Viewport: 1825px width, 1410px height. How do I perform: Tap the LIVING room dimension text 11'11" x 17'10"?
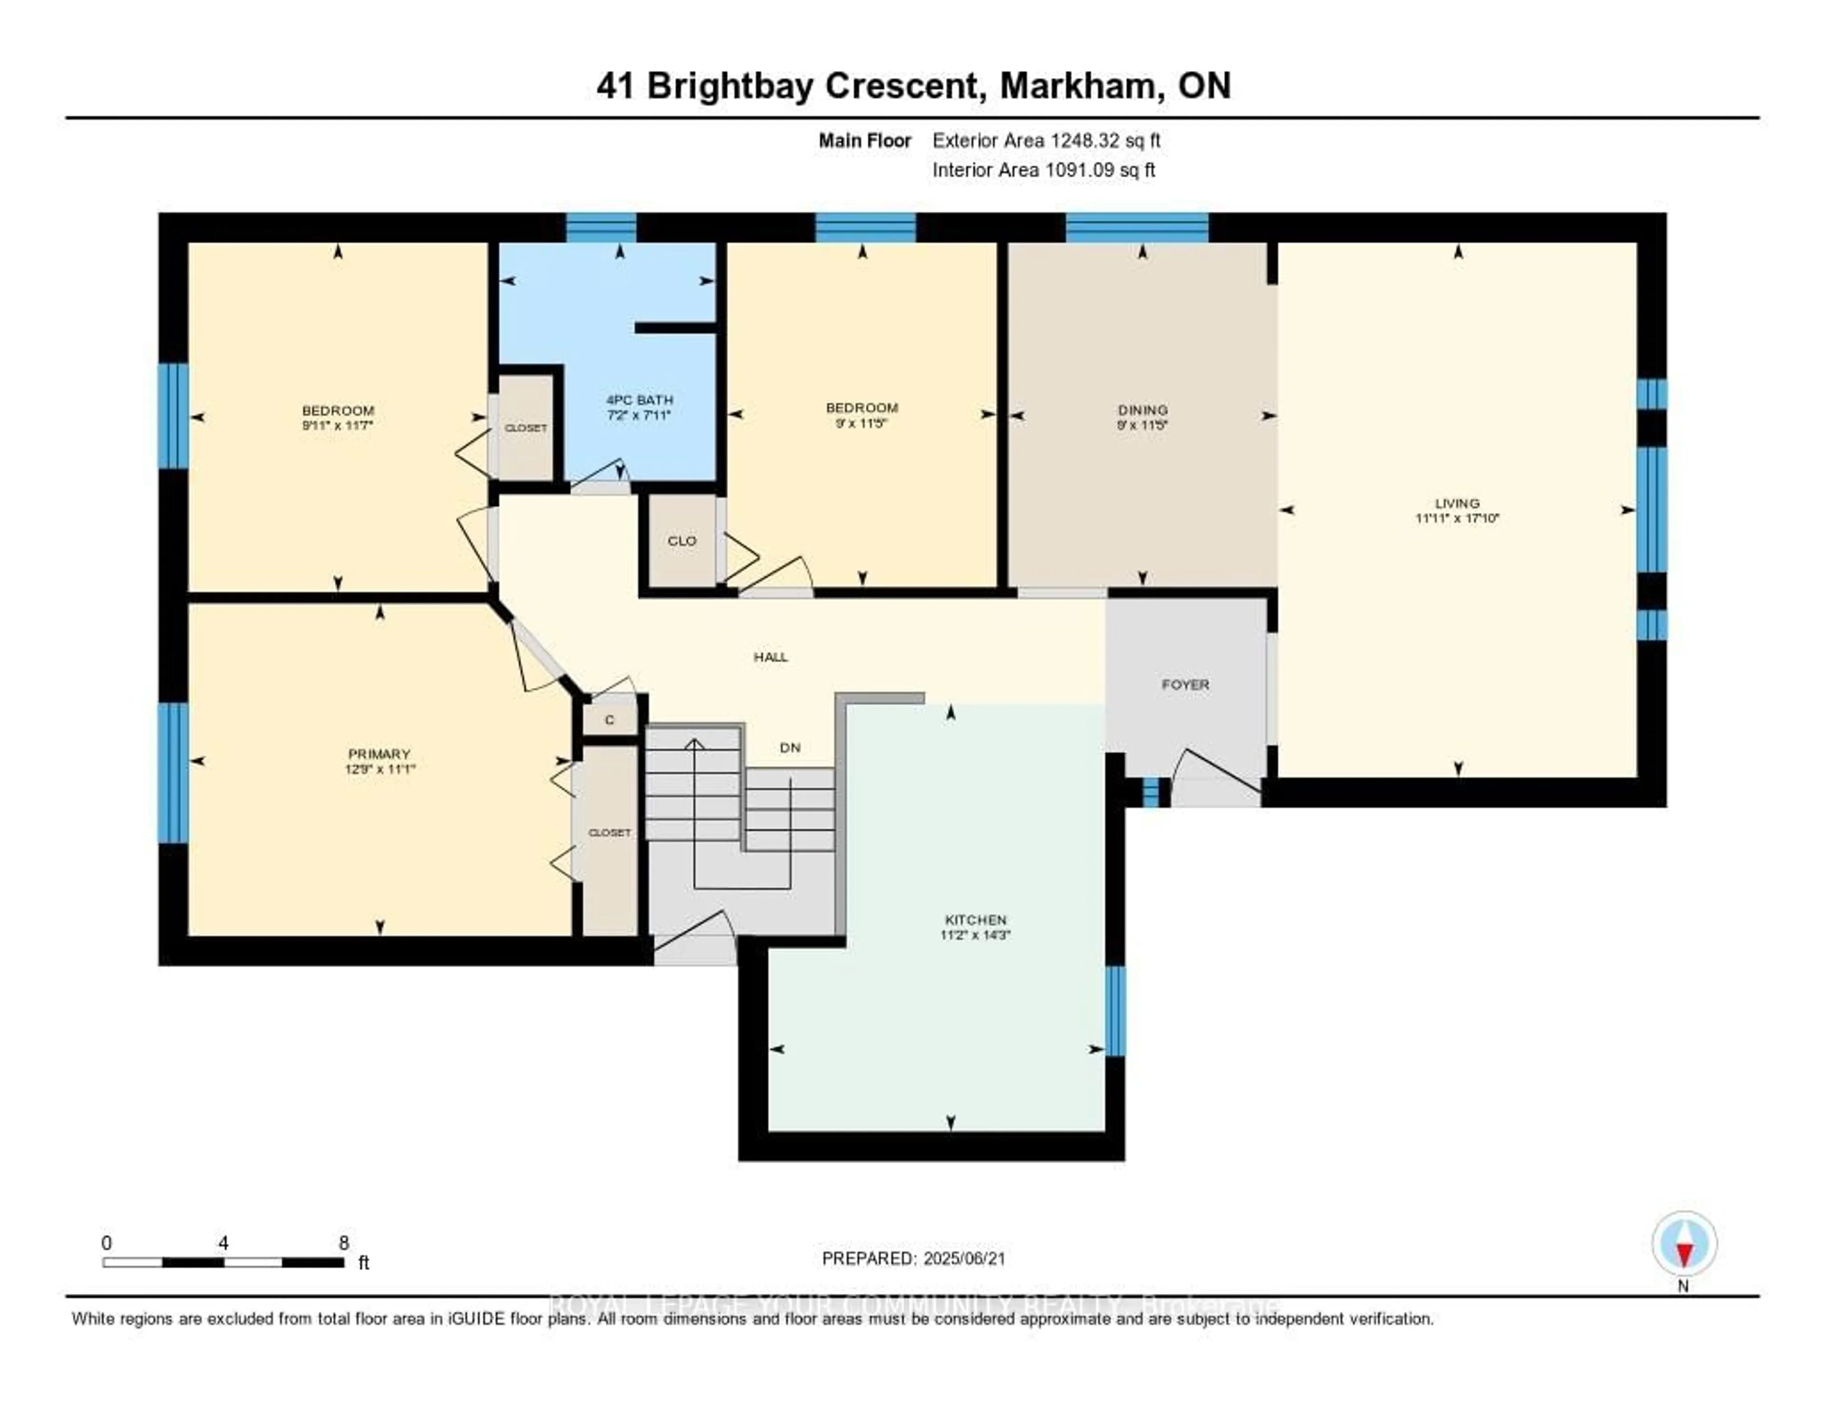pos(1457,518)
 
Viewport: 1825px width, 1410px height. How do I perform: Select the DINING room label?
pos(1143,409)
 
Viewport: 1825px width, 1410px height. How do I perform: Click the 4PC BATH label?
pos(639,399)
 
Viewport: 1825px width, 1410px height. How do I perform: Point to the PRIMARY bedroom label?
pos(379,754)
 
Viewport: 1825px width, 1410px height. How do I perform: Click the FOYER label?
pos(1185,685)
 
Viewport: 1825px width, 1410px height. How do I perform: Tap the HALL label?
pos(770,657)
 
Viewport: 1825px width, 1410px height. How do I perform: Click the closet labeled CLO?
pos(682,541)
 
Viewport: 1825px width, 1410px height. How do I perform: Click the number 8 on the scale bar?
pos(344,1243)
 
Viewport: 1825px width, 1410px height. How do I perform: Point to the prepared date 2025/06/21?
pos(961,1259)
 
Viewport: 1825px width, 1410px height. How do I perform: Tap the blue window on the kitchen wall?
pos(1114,1011)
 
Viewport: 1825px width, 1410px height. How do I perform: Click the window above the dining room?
pos(1136,227)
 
